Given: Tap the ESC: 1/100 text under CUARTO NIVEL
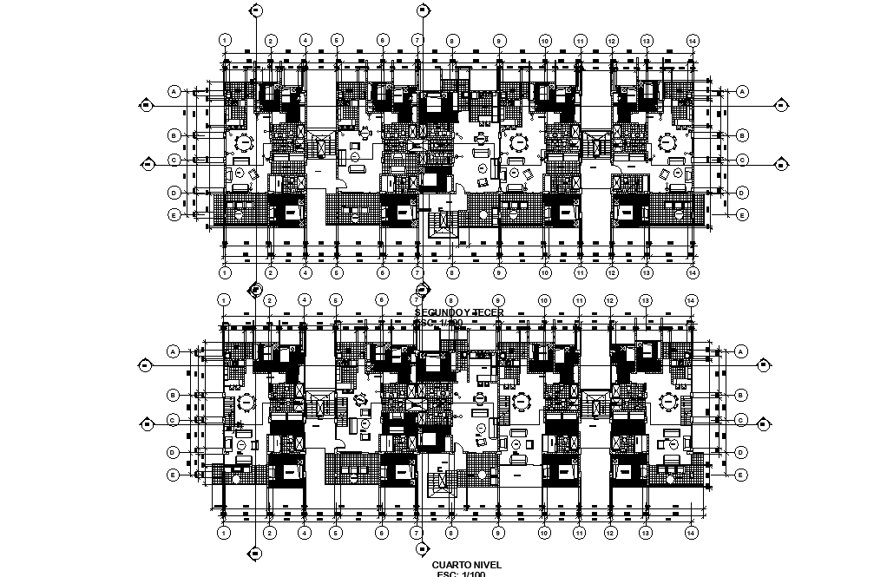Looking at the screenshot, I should click(459, 574).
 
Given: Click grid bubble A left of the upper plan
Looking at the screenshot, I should click(174, 90).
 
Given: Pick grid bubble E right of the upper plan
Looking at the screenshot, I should click(742, 214).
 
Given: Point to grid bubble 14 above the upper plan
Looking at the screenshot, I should click(692, 40).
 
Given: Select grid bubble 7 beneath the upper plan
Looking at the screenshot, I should click(417, 273).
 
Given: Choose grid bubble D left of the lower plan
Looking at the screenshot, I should click(174, 452).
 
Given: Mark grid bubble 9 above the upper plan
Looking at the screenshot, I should click(499, 40).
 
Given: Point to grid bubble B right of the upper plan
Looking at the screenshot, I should click(742, 135).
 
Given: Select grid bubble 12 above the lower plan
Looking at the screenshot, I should click(611, 300).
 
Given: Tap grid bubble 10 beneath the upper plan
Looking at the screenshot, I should click(545, 273).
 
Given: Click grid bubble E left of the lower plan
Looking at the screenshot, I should click(174, 475).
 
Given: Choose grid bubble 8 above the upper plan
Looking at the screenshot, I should click(452, 40).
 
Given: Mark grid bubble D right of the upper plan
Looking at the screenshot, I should click(742, 192).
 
